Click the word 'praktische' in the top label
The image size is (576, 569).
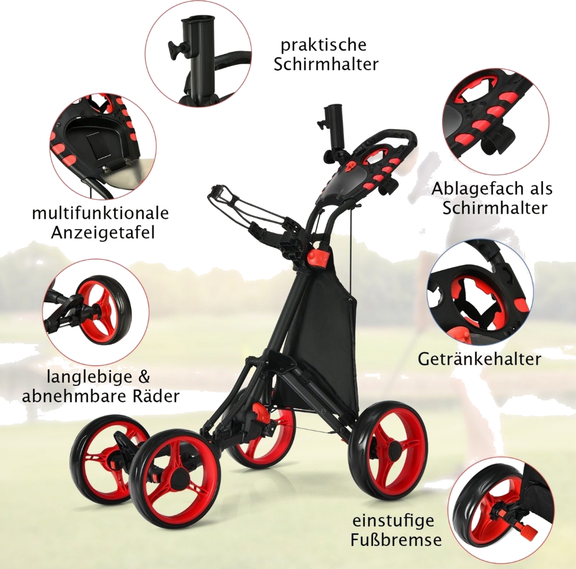point(324,45)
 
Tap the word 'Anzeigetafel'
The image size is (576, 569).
point(103,233)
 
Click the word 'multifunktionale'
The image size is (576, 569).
point(101,214)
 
